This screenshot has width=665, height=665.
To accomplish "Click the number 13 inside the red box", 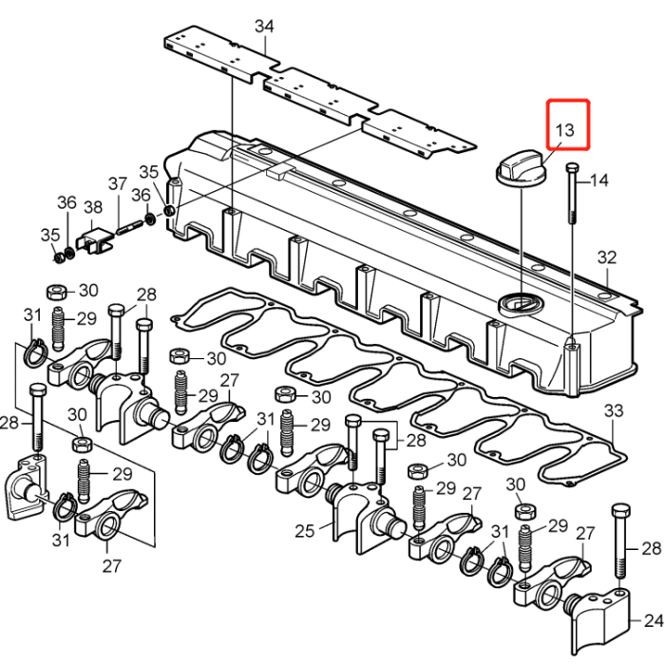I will click(x=564, y=129).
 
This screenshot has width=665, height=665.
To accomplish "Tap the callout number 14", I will click(x=599, y=180).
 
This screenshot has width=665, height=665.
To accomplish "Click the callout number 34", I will click(x=264, y=25).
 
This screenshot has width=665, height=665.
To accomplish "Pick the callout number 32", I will click(x=606, y=257).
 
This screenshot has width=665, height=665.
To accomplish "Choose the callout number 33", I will click(x=614, y=410).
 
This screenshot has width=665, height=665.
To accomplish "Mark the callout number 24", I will click(x=654, y=621).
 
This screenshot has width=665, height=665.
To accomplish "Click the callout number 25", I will click(x=304, y=530).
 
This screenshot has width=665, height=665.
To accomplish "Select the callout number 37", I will click(x=117, y=183).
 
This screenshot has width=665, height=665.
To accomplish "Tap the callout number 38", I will click(x=93, y=208).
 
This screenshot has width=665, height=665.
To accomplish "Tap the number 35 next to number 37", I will click(x=149, y=172).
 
